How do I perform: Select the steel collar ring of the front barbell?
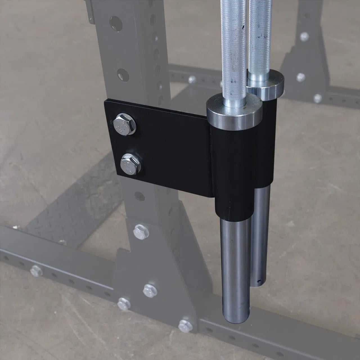(234, 114)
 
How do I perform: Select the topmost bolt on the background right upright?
(304, 36)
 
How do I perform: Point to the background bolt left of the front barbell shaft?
(192, 80)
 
